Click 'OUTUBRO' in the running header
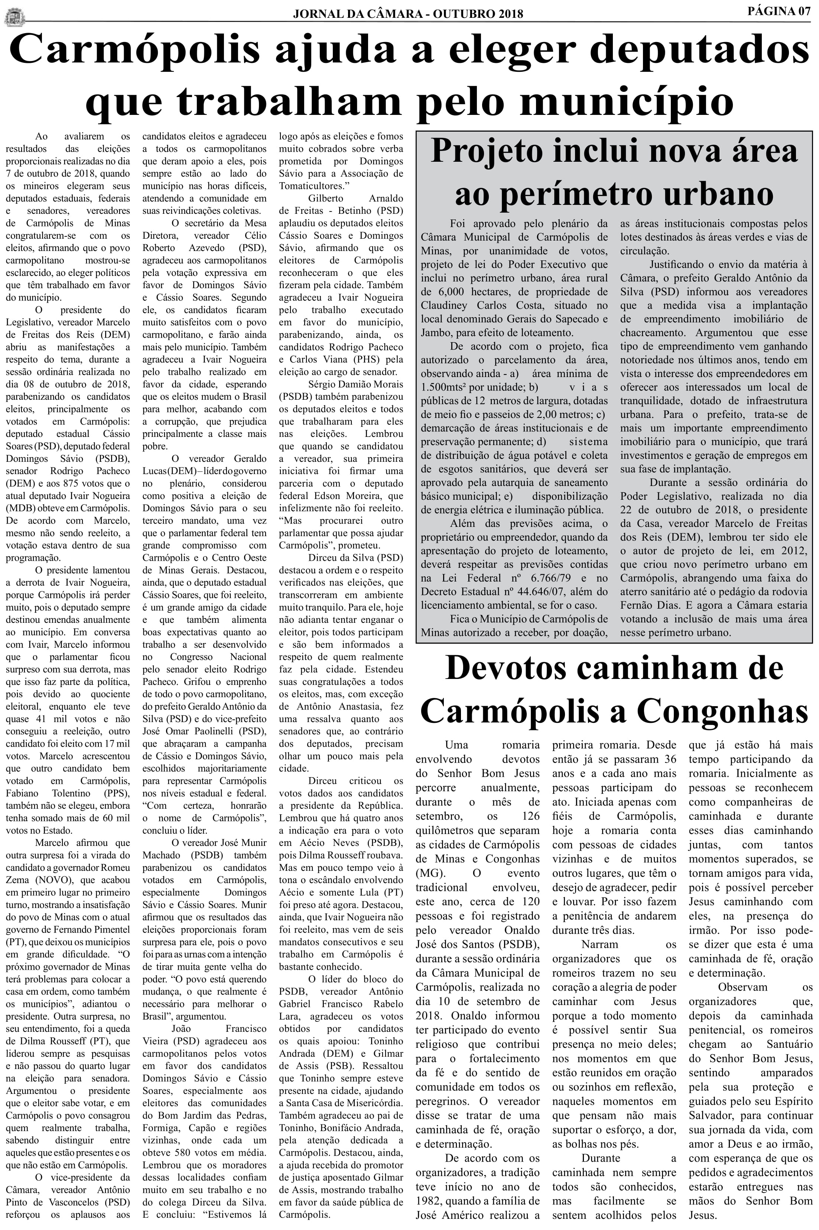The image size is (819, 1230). [x=462, y=14]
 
